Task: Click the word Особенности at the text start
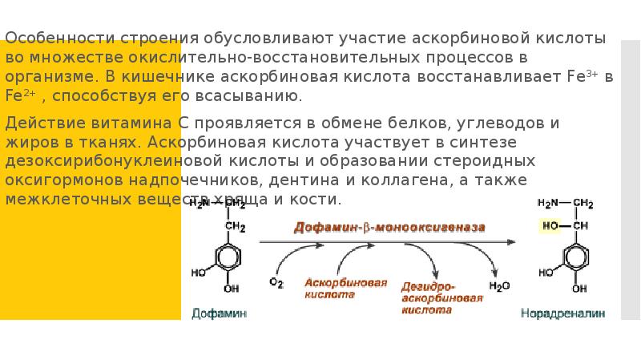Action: (44, 38)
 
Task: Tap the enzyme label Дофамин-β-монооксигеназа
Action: (389, 228)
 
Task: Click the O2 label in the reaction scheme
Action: (276, 283)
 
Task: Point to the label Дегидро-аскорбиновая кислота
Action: (441, 296)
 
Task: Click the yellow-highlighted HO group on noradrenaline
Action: (550, 225)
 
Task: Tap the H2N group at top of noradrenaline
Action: (549, 202)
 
